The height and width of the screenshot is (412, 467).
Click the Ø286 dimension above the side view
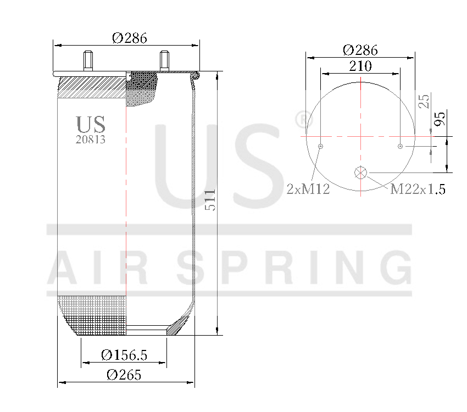[x=130, y=38]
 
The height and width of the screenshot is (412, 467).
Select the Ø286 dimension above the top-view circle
[x=360, y=50]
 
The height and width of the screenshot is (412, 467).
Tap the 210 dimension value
[x=360, y=66]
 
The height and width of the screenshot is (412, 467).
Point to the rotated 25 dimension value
[x=424, y=101]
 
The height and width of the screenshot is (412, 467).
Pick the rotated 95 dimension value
[x=440, y=119]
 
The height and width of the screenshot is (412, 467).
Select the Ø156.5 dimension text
[x=124, y=355]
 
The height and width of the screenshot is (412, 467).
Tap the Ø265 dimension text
[x=124, y=375]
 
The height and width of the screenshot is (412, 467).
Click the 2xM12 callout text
[x=308, y=190]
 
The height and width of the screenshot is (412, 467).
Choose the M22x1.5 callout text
[x=418, y=190]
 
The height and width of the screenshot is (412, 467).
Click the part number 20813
[x=90, y=140]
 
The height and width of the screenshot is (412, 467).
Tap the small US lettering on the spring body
[x=90, y=124]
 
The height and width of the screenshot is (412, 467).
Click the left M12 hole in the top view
[x=320, y=146]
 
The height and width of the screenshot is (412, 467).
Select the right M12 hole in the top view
[x=401, y=146]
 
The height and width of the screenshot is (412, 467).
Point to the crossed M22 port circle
[x=360, y=172]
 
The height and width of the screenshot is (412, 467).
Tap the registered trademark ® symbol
[x=302, y=118]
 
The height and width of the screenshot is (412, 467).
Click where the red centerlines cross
[x=360, y=136]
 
